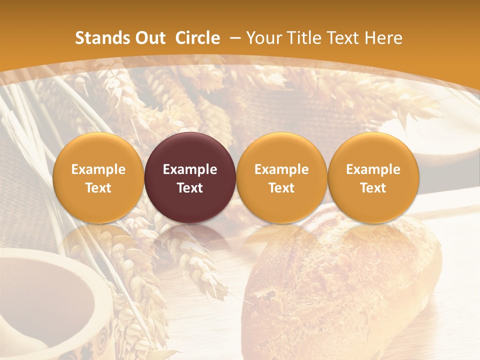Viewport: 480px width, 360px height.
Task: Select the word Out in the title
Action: (x=149, y=38)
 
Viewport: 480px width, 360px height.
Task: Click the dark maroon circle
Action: (x=190, y=150)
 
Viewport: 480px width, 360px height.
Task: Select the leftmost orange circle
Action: (x=98, y=150)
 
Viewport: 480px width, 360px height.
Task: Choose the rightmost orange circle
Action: (x=373, y=150)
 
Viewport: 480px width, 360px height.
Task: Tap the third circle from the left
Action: (x=281, y=150)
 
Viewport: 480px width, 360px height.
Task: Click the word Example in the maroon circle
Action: (x=190, y=169)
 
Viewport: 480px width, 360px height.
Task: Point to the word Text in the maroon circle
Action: (x=190, y=188)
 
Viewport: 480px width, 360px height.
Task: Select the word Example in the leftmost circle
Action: (x=98, y=169)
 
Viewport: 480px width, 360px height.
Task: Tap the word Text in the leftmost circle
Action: (x=98, y=188)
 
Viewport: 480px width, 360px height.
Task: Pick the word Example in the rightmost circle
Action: (x=373, y=169)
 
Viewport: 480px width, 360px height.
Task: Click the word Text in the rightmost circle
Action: (x=373, y=188)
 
